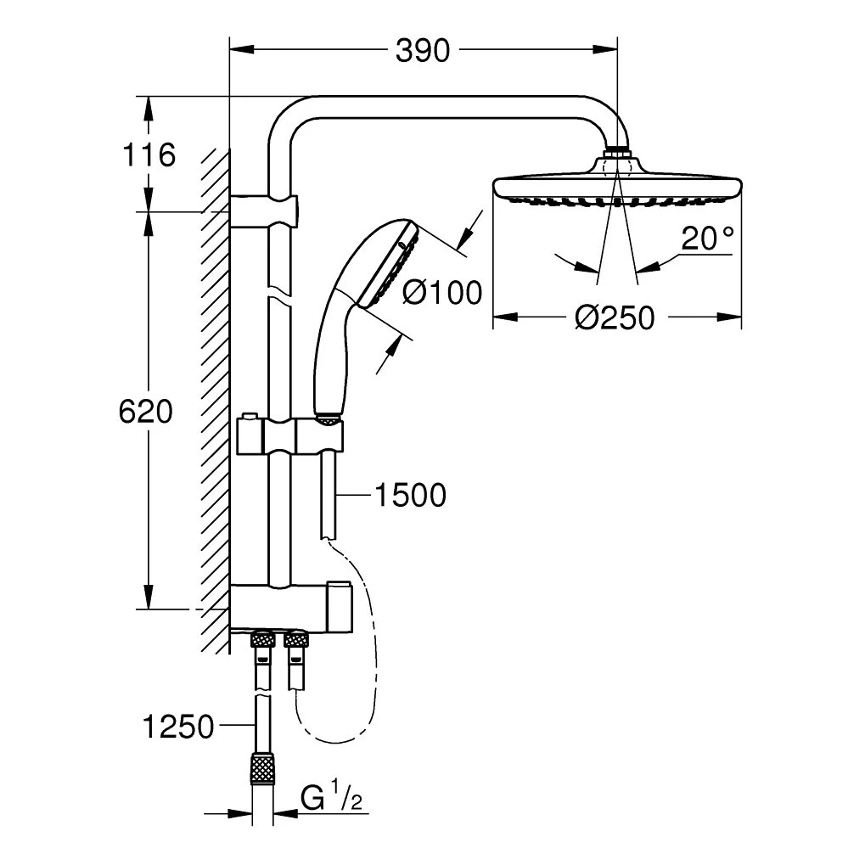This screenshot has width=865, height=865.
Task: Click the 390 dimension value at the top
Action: point(422,52)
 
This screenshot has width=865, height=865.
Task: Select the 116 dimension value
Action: point(149,155)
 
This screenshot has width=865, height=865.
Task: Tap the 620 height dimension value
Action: point(145,411)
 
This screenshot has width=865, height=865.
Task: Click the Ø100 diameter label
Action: point(441,293)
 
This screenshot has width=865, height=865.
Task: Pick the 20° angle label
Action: point(707,239)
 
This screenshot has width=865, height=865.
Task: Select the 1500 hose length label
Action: point(411,495)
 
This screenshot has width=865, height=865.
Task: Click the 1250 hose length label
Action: point(178,727)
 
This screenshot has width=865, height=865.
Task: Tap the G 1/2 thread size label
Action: point(332,798)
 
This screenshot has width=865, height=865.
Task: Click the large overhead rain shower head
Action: point(618,188)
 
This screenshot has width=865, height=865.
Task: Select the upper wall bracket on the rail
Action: point(265,208)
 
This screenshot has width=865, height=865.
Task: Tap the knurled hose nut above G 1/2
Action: point(262,770)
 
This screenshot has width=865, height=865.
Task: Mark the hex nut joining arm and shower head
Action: point(618,156)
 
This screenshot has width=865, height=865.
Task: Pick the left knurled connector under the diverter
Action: point(262,640)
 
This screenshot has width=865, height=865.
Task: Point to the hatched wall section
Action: point(214,399)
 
